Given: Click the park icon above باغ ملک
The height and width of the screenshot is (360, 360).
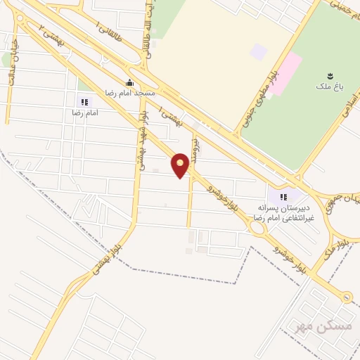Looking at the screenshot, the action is coord(330,74).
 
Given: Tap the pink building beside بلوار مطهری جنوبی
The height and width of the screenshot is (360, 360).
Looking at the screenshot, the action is coord(284,74).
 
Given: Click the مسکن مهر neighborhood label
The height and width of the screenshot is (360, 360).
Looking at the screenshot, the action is coord(310,326).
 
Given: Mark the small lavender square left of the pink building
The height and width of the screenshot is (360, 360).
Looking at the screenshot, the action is coord(259,51).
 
